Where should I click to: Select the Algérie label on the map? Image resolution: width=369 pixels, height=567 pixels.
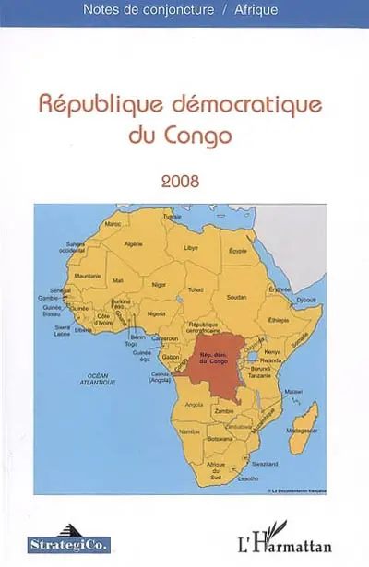[x=133, y=243]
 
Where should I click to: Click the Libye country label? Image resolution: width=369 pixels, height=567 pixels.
[x=191, y=248]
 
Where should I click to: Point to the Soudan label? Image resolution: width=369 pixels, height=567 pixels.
[x=236, y=297]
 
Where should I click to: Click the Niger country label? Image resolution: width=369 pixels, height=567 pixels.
[x=159, y=286]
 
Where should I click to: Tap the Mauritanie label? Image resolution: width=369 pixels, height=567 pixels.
[x=87, y=276]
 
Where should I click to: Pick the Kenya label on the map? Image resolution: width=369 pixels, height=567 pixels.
[x=274, y=352]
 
